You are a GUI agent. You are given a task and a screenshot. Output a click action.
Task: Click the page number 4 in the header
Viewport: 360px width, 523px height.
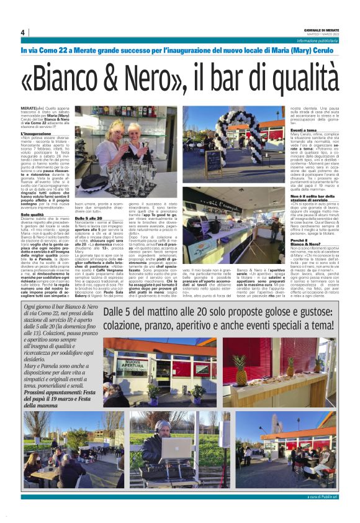pos(22,32)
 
